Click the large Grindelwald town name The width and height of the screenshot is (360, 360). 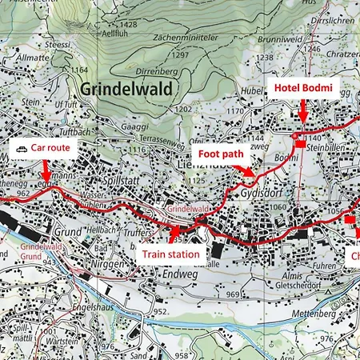point(126,90)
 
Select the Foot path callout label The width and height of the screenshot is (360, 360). point(223,151)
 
